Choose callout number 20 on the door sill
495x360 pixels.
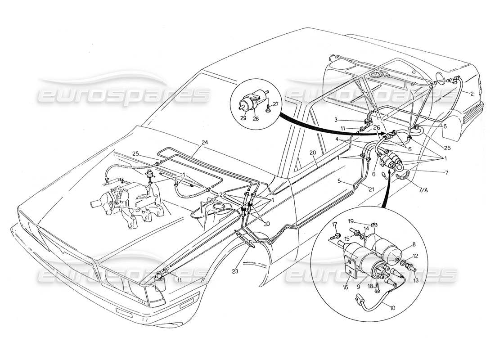coord(312,153)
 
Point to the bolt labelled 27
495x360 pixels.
coord(269,108)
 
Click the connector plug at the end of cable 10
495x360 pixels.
coord(360,298)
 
